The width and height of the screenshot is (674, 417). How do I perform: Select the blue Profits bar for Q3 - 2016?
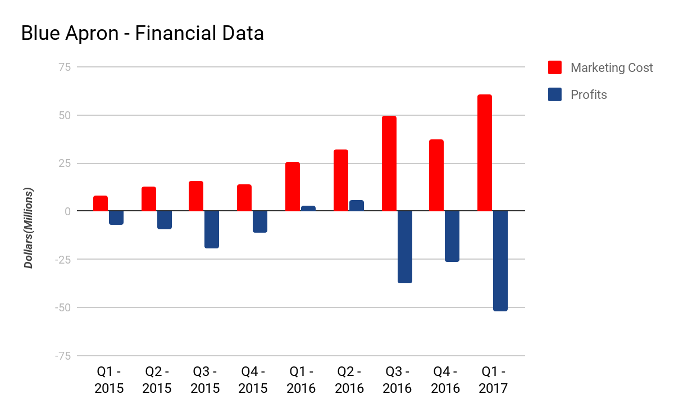pos(405,247)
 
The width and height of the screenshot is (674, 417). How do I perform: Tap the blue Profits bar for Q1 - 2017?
pos(500,261)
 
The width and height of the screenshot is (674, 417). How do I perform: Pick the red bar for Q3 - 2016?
pos(389,164)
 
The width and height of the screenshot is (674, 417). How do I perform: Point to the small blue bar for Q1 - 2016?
pos(308,208)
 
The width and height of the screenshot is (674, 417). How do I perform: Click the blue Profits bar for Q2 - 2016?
pos(357,206)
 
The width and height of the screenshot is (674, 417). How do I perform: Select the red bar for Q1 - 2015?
pos(101,203)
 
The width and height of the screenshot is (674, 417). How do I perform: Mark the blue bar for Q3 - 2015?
pos(212,229)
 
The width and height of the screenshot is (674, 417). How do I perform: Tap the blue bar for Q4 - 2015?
pos(260,221)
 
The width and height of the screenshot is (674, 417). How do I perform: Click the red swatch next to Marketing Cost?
pos(555,68)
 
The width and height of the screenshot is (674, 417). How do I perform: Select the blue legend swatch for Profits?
pos(555,94)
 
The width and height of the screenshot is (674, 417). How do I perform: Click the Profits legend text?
pos(589,94)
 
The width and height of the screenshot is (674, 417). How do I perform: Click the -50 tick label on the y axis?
pos(62,307)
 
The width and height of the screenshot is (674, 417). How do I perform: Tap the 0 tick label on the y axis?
pos(68,211)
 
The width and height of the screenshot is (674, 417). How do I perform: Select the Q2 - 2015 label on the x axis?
pos(157,380)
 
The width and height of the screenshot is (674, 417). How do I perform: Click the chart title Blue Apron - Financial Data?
pos(142,34)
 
